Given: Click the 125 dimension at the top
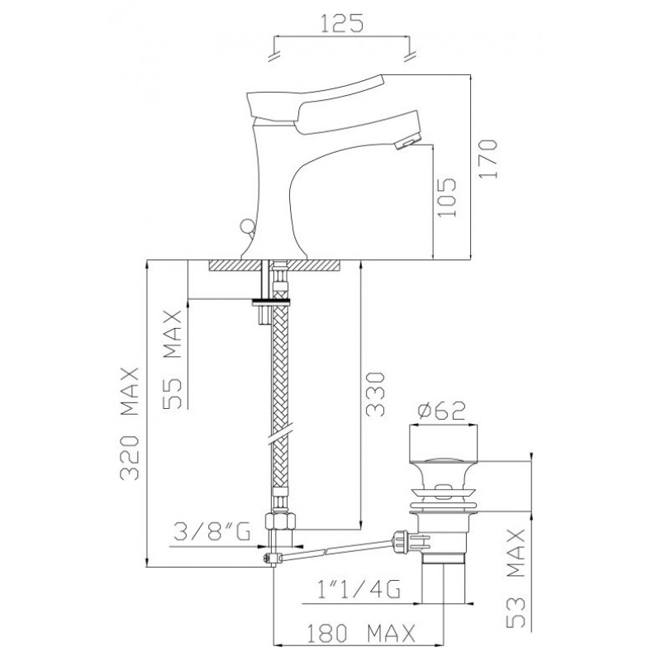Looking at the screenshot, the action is (x=341, y=23).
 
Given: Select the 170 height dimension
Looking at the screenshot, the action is (x=488, y=159).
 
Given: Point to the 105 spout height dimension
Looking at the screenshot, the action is (x=447, y=197).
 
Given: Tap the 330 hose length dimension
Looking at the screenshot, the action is (x=375, y=394).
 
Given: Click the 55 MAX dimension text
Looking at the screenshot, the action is (x=173, y=359).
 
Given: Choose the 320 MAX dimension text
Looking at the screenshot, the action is (x=129, y=424).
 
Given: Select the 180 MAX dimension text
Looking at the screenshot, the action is (x=360, y=633).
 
